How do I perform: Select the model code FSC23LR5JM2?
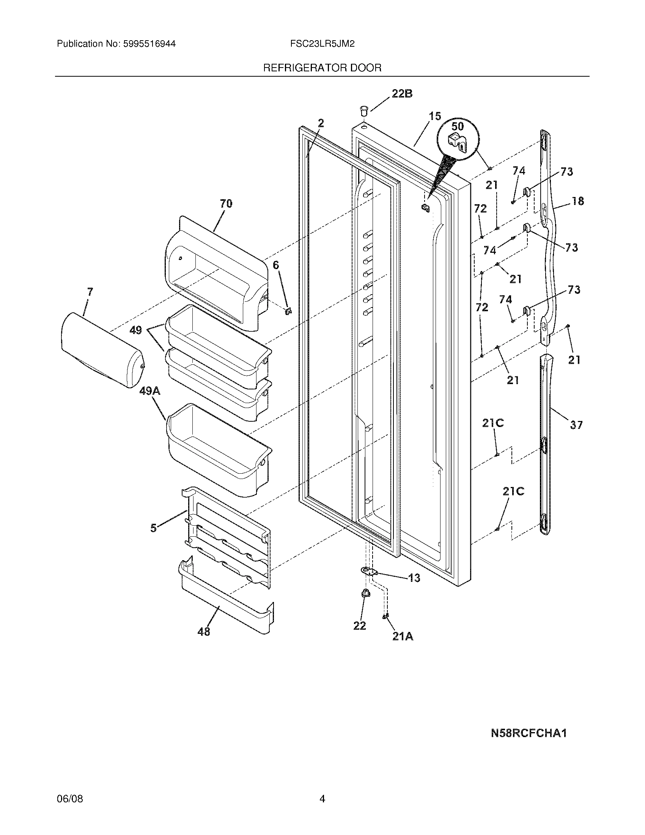(x=322, y=44)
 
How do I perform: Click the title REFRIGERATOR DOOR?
(x=322, y=68)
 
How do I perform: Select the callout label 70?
(x=226, y=203)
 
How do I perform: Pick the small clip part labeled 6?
(x=288, y=311)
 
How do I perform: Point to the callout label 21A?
(x=403, y=636)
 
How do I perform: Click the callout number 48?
(x=204, y=632)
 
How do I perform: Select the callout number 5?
(x=153, y=528)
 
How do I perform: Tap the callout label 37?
(x=576, y=424)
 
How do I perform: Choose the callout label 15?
(x=434, y=116)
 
